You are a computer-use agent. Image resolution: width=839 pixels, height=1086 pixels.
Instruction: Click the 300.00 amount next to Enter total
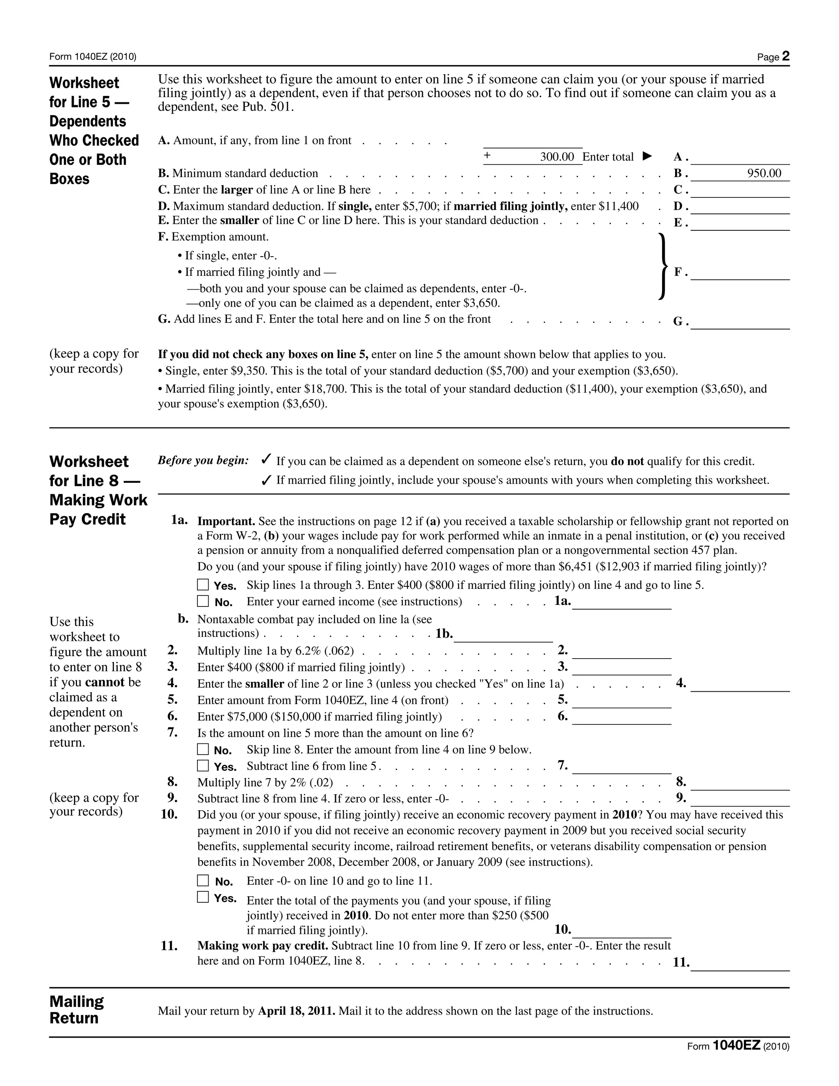pyautogui.click(x=557, y=157)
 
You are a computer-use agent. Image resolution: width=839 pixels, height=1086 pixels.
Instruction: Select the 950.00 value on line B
pyautogui.click(x=764, y=173)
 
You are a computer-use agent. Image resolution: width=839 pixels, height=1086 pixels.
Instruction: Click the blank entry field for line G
pyautogui.click(x=739, y=322)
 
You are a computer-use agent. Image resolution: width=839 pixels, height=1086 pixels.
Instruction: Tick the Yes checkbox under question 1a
pyautogui.click(x=203, y=584)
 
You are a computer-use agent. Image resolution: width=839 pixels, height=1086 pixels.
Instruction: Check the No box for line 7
pyautogui.click(x=203, y=749)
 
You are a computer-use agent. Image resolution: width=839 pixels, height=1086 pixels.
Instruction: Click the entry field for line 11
pyautogui.click(x=739, y=963)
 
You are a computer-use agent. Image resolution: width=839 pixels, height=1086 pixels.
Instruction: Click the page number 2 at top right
pyautogui.click(x=785, y=56)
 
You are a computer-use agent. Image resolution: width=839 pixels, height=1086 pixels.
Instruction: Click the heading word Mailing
pyautogui.click(x=77, y=1001)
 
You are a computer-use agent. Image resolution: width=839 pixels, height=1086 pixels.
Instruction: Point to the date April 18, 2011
pyautogui.click(x=296, y=1011)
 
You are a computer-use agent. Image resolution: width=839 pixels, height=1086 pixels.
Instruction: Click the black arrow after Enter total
pyautogui.click(x=646, y=157)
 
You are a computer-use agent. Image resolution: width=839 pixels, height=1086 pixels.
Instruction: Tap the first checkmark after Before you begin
pyautogui.click(x=266, y=459)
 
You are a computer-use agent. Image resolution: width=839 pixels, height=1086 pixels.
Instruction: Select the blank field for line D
pyautogui.click(x=739, y=207)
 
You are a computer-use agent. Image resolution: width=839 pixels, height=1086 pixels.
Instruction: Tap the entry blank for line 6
pyautogui.click(x=621, y=718)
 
